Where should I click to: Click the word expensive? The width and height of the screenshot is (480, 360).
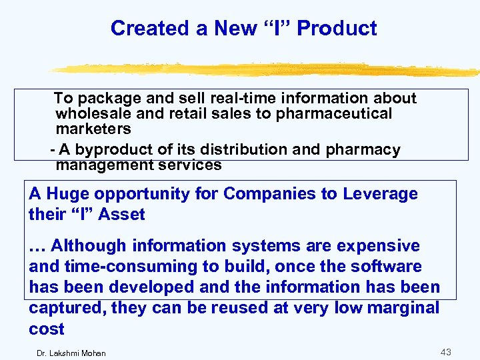coord(378,246)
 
